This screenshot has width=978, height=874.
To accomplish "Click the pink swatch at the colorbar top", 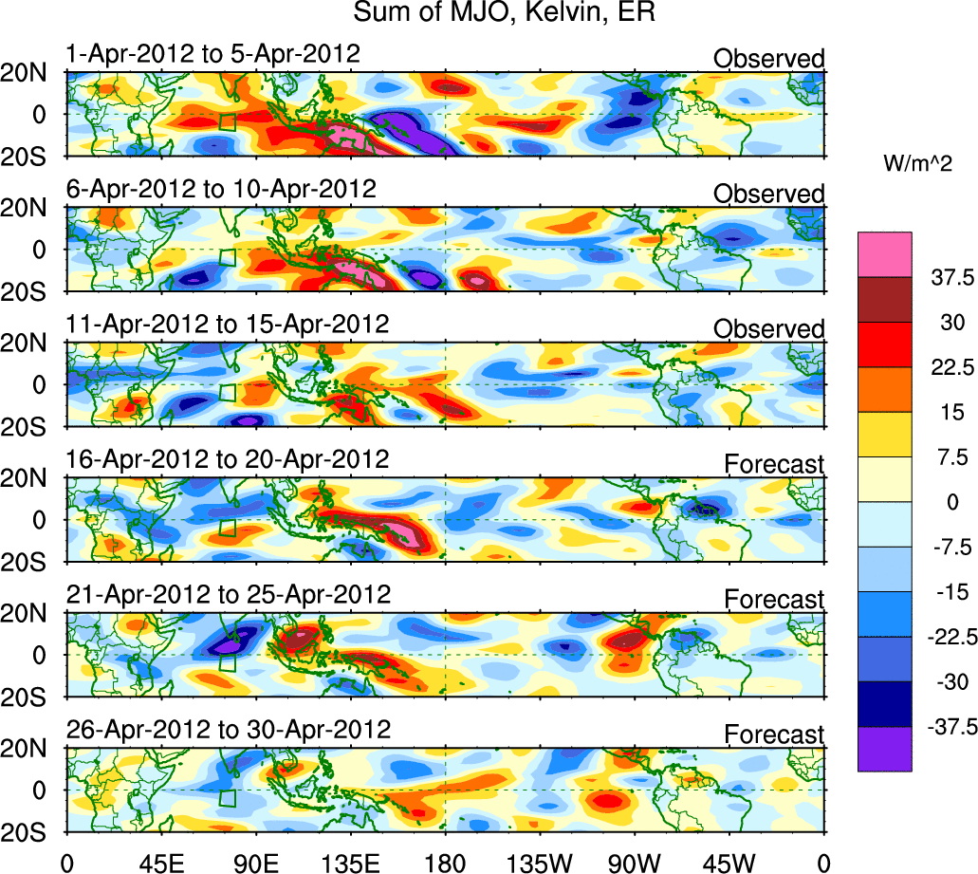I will coord(885,253).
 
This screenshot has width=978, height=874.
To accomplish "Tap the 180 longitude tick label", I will coord(445,862).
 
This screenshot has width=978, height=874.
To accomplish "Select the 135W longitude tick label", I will coord(539,862).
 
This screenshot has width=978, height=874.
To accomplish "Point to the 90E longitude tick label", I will coord(255,862).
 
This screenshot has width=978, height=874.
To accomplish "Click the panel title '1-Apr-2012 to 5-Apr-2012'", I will coord(213,53).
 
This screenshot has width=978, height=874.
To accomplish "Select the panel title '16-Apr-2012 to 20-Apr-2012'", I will coord(228,459).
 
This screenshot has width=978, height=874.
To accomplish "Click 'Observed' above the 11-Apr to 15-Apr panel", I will coord(768,329).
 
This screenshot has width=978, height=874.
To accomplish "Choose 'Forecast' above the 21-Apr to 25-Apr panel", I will coord(774,600).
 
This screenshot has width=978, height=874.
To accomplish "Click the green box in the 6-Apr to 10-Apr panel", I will coord(227,256).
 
